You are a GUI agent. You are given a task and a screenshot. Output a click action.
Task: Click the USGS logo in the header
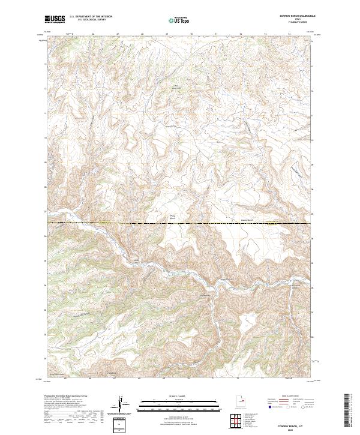pyautogui.click(x=55, y=19)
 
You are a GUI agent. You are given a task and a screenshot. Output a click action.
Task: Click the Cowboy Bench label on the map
pyautogui.click(x=248, y=220)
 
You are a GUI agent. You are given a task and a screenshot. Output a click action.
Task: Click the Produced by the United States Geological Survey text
pyautogui.click(x=66, y=397)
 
